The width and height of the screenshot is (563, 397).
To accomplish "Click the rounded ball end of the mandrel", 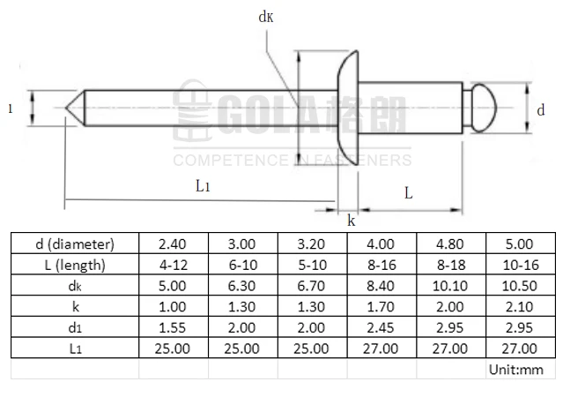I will pyautogui.click(x=484, y=109).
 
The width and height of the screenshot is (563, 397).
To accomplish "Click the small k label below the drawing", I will pyautogui.click(x=351, y=221).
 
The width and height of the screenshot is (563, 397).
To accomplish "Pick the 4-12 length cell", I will pyautogui.click(x=174, y=265).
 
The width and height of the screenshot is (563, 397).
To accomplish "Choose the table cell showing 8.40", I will pyautogui.click(x=382, y=286).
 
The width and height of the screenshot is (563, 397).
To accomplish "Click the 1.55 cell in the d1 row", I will pyautogui.click(x=174, y=327).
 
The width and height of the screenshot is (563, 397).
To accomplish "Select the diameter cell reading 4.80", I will pyautogui.click(x=450, y=243).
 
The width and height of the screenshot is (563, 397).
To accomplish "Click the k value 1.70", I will pyautogui.click(x=382, y=306).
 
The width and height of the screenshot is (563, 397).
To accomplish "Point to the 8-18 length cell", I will pyautogui.click(x=450, y=265).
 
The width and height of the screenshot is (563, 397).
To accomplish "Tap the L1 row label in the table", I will pyautogui.click(x=75, y=348).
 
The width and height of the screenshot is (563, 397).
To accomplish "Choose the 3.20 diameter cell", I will pyautogui.click(x=312, y=243).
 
